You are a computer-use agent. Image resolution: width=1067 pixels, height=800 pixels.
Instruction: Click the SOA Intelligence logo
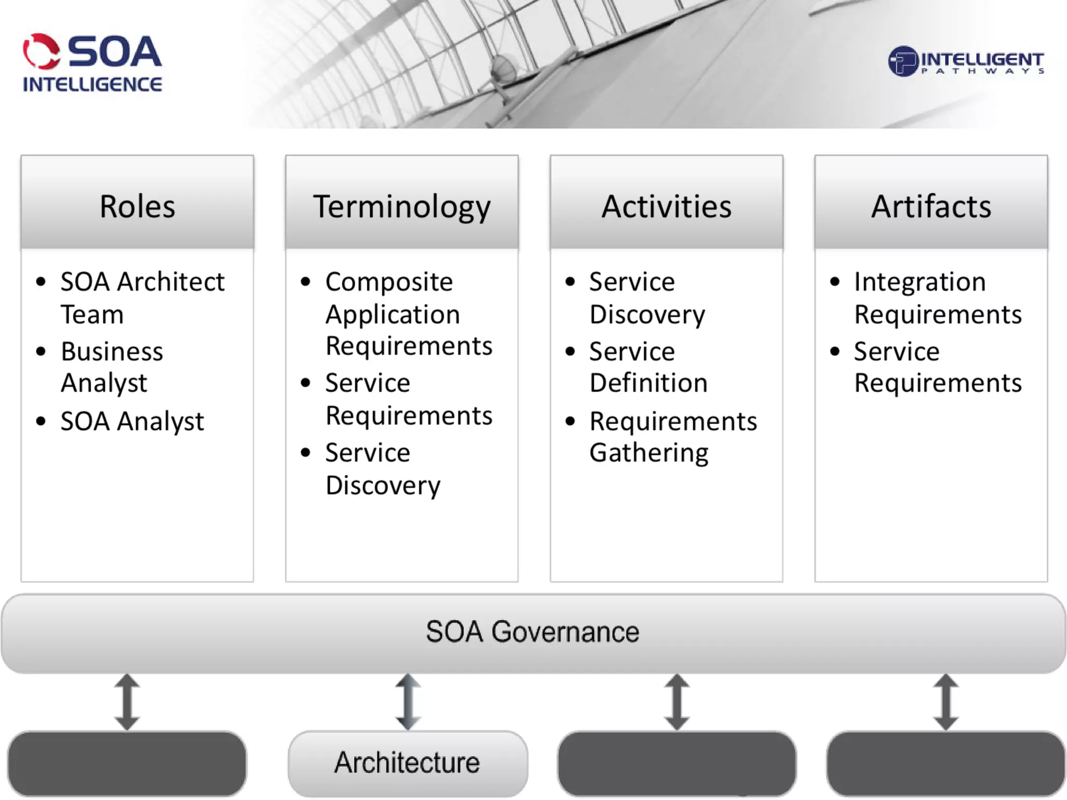click(92, 63)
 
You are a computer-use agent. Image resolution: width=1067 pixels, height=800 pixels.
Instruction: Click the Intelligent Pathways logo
click(965, 62)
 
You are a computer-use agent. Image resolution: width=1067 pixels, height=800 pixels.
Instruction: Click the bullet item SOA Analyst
click(132, 421)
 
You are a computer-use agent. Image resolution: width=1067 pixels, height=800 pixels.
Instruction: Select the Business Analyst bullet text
click(111, 367)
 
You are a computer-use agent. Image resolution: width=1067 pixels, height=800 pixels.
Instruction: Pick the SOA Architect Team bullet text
click(142, 297)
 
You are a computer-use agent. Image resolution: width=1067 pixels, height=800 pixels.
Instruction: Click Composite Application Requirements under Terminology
click(408, 314)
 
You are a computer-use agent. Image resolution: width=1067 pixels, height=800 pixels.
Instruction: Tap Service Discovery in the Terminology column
click(382, 469)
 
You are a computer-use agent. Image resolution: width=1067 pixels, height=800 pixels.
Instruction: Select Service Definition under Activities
click(648, 367)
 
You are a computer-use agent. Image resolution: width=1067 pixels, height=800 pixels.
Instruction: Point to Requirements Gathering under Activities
click(673, 436)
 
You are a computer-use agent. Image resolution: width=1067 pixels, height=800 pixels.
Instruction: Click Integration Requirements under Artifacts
click(937, 297)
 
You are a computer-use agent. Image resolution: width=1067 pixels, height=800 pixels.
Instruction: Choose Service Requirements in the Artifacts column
click(937, 367)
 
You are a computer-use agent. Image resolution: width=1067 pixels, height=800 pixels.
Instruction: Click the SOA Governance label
click(532, 632)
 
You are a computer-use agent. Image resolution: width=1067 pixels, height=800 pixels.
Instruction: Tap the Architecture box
click(407, 762)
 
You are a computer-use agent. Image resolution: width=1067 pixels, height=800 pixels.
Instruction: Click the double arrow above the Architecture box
click(408, 702)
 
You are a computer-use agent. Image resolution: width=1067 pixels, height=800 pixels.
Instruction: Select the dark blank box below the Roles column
click(127, 763)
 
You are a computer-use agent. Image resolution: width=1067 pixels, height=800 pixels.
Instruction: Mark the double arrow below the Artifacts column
click(946, 702)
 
